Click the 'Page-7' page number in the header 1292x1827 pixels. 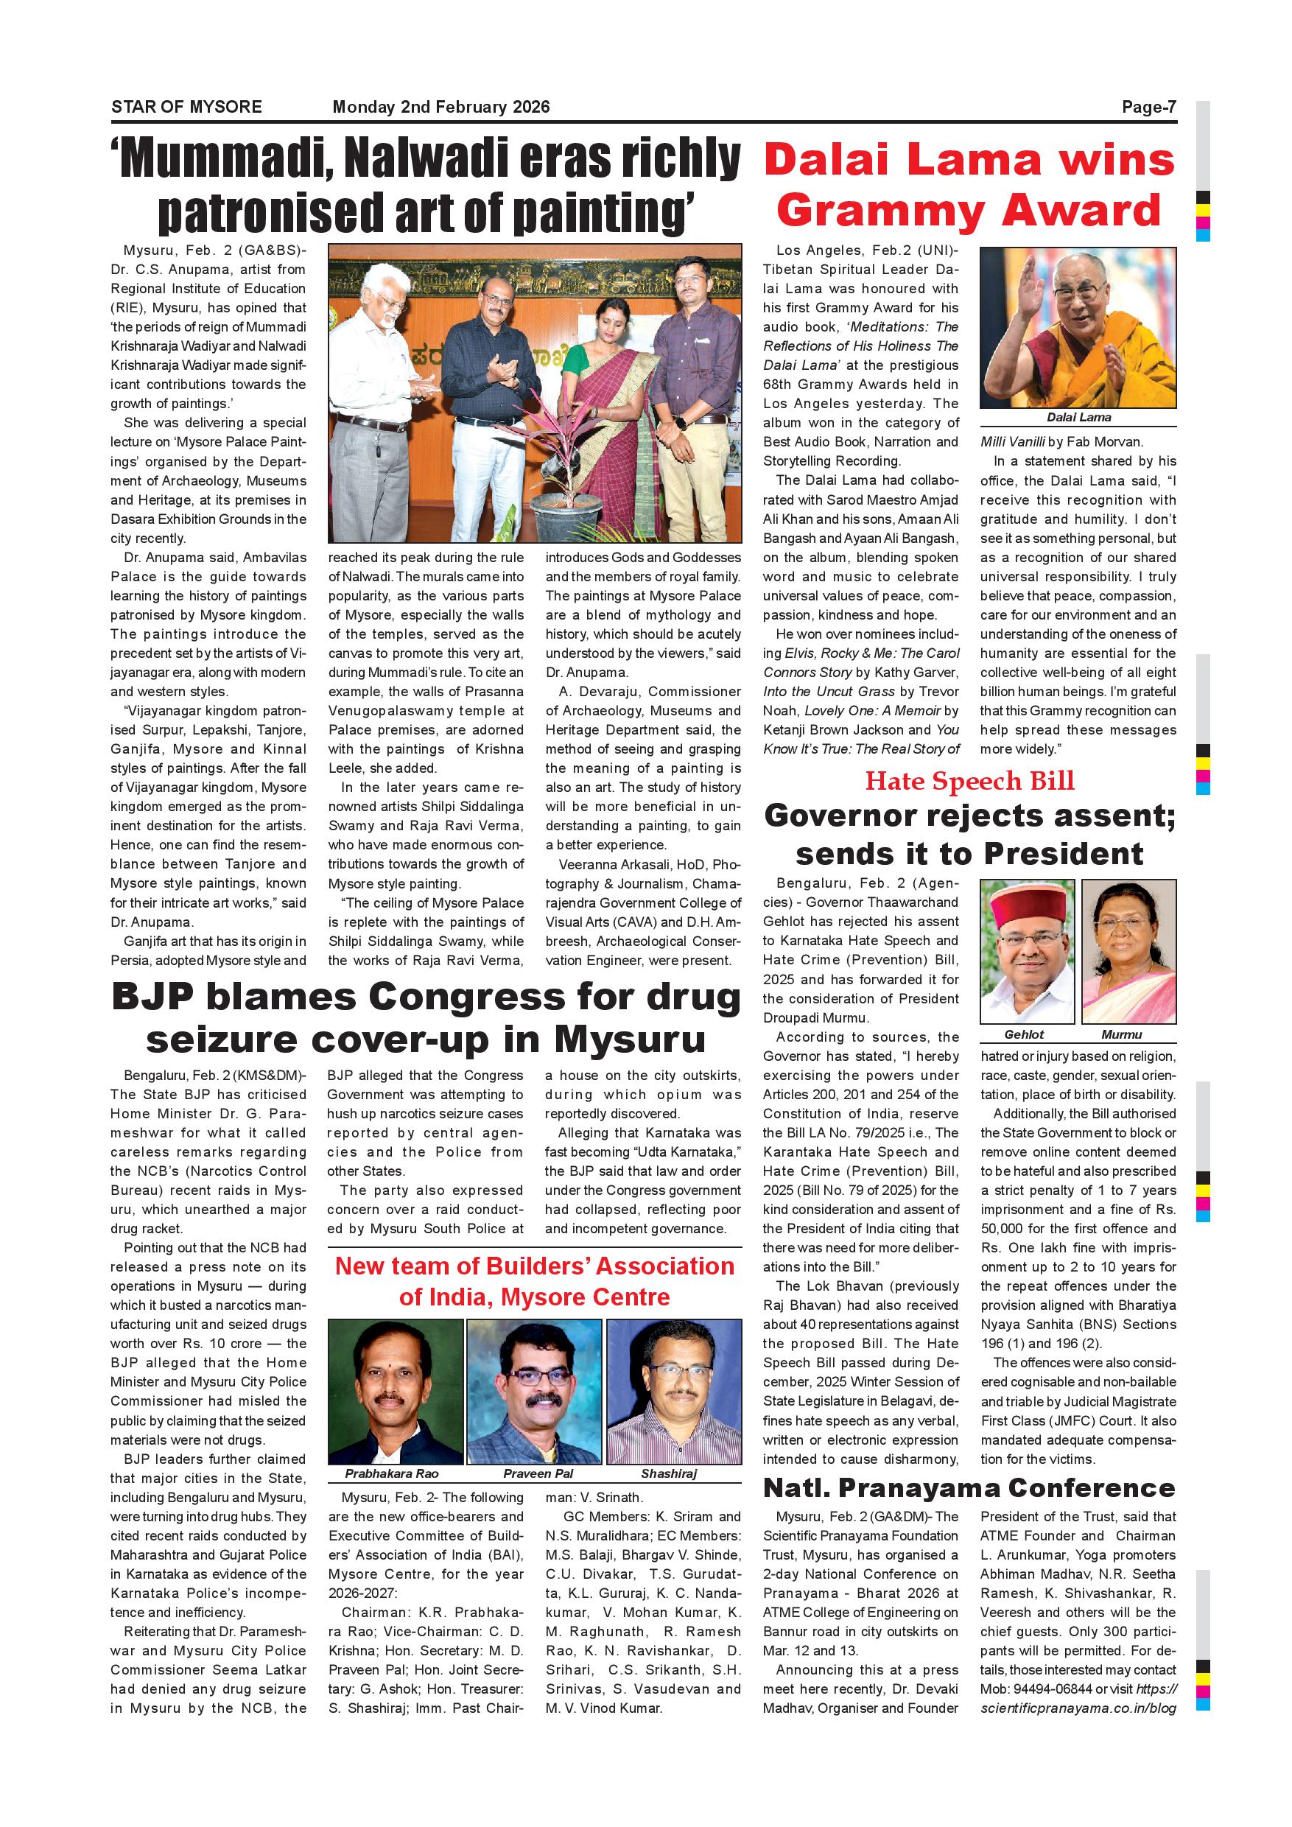pyautogui.click(x=1148, y=108)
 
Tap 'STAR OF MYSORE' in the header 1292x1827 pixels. pyautogui.click(x=186, y=108)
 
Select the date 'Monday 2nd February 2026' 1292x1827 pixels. pyautogui.click(x=440, y=108)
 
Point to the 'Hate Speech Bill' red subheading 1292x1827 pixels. pyautogui.click(x=969, y=781)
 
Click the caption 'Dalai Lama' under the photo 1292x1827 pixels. pyautogui.click(x=1078, y=418)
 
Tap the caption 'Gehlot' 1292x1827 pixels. pyautogui.click(x=1024, y=1034)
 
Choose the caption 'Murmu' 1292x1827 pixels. pyautogui.click(x=1121, y=1034)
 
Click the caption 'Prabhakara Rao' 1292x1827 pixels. pyautogui.click(x=391, y=1473)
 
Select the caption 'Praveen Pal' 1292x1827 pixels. pyautogui.click(x=538, y=1473)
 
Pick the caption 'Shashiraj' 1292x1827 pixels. pyautogui.click(x=668, y=1473)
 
